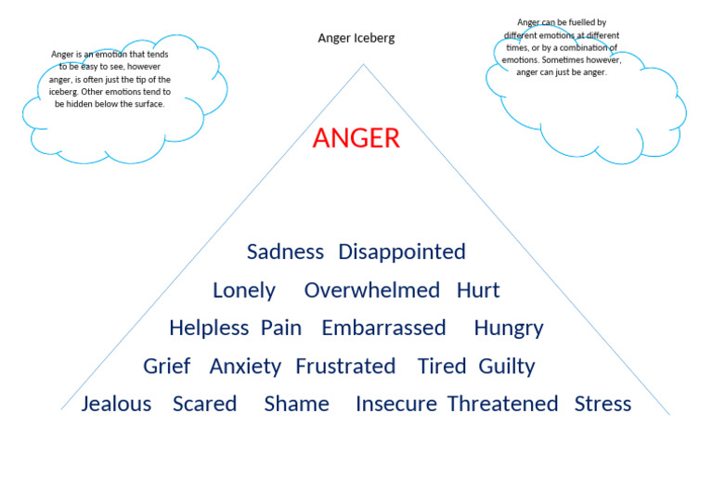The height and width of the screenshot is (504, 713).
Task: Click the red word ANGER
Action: (356, 138)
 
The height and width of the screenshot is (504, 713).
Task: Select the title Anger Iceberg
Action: (356, 38)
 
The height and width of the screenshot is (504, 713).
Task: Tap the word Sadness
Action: (285, 252)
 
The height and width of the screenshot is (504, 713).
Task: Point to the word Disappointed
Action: (402, 252)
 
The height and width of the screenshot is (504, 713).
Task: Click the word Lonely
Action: (244, 291)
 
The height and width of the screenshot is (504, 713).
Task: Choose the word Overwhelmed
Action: (372, 291)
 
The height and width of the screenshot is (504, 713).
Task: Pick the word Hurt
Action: (478, 291)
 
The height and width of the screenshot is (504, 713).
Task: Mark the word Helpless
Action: (209, 328)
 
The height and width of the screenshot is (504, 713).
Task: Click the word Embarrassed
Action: (383, 328)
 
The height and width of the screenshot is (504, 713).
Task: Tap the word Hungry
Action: (508, 329)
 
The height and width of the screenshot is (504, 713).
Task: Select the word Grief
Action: (167, 366)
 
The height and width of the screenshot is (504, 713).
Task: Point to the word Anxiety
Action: (245, 367)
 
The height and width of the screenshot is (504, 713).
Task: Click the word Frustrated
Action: (345, 366)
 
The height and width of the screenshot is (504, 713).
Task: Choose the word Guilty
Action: (507, 367)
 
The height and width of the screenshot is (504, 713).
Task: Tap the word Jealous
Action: (116, 404)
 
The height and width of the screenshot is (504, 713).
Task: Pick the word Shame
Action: (296, 404)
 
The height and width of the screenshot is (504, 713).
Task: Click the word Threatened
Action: (502, 404)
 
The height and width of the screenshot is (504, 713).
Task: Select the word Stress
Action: (603, 404)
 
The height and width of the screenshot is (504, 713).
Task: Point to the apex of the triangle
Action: (363, 64)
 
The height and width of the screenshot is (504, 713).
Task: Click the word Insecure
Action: (396, 404)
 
